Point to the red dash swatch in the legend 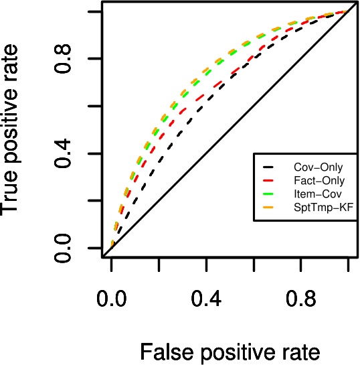pos(268,181)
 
